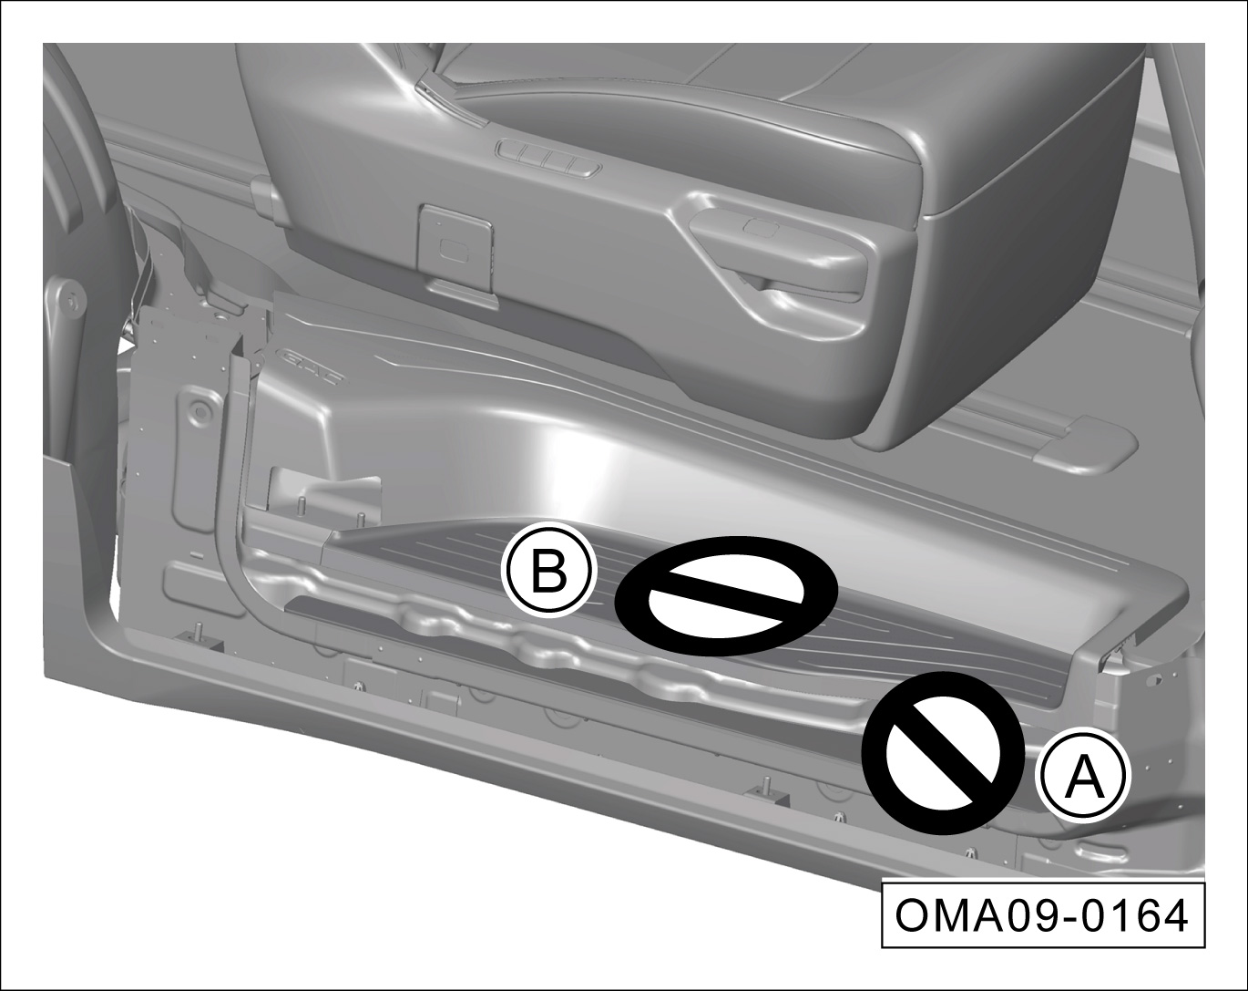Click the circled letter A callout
1082,774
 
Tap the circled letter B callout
548,571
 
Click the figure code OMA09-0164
1042,915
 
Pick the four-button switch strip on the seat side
548,156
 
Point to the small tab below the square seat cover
464,293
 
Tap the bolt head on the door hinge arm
71,301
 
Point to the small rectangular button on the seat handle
762,227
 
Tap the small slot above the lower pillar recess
196,555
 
